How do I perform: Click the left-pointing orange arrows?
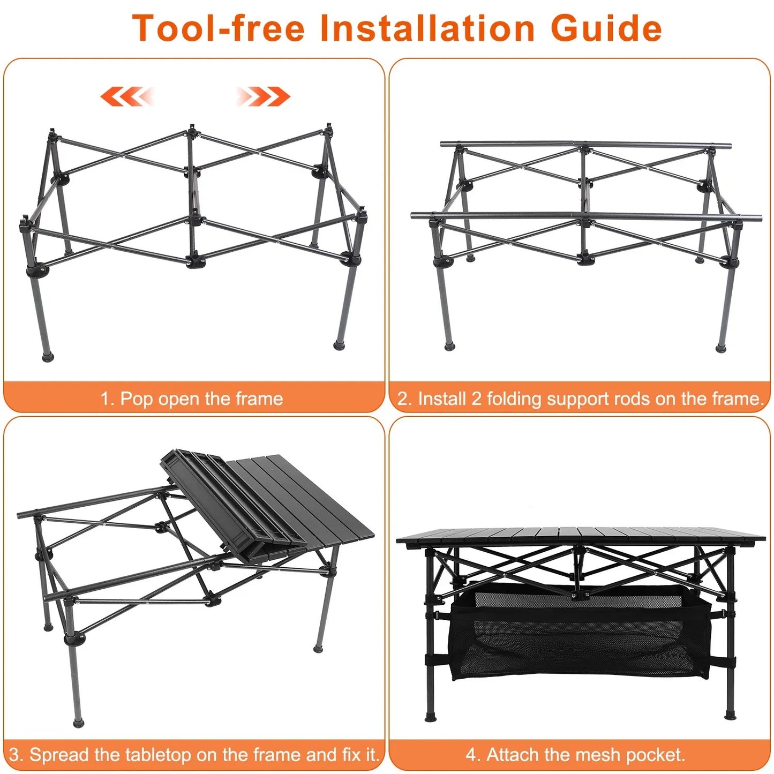coord(127,96)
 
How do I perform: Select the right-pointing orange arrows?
coord(264,96)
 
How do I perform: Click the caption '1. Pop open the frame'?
coord(192,399)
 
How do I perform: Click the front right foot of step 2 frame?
coord(721,348)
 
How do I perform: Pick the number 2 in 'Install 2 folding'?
coord(476,399)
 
